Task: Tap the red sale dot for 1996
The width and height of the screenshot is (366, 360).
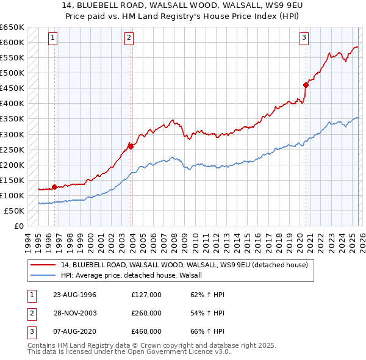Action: pos(55,187)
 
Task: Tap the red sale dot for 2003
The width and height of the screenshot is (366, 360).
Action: pos(131,146)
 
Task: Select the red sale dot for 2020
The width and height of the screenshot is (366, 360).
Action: pos(306,85)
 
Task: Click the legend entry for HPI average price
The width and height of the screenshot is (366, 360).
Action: pos(135,275)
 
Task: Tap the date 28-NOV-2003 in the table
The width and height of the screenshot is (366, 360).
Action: pos(75,313)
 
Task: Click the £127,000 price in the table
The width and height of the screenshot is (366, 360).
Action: pos(146,295)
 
